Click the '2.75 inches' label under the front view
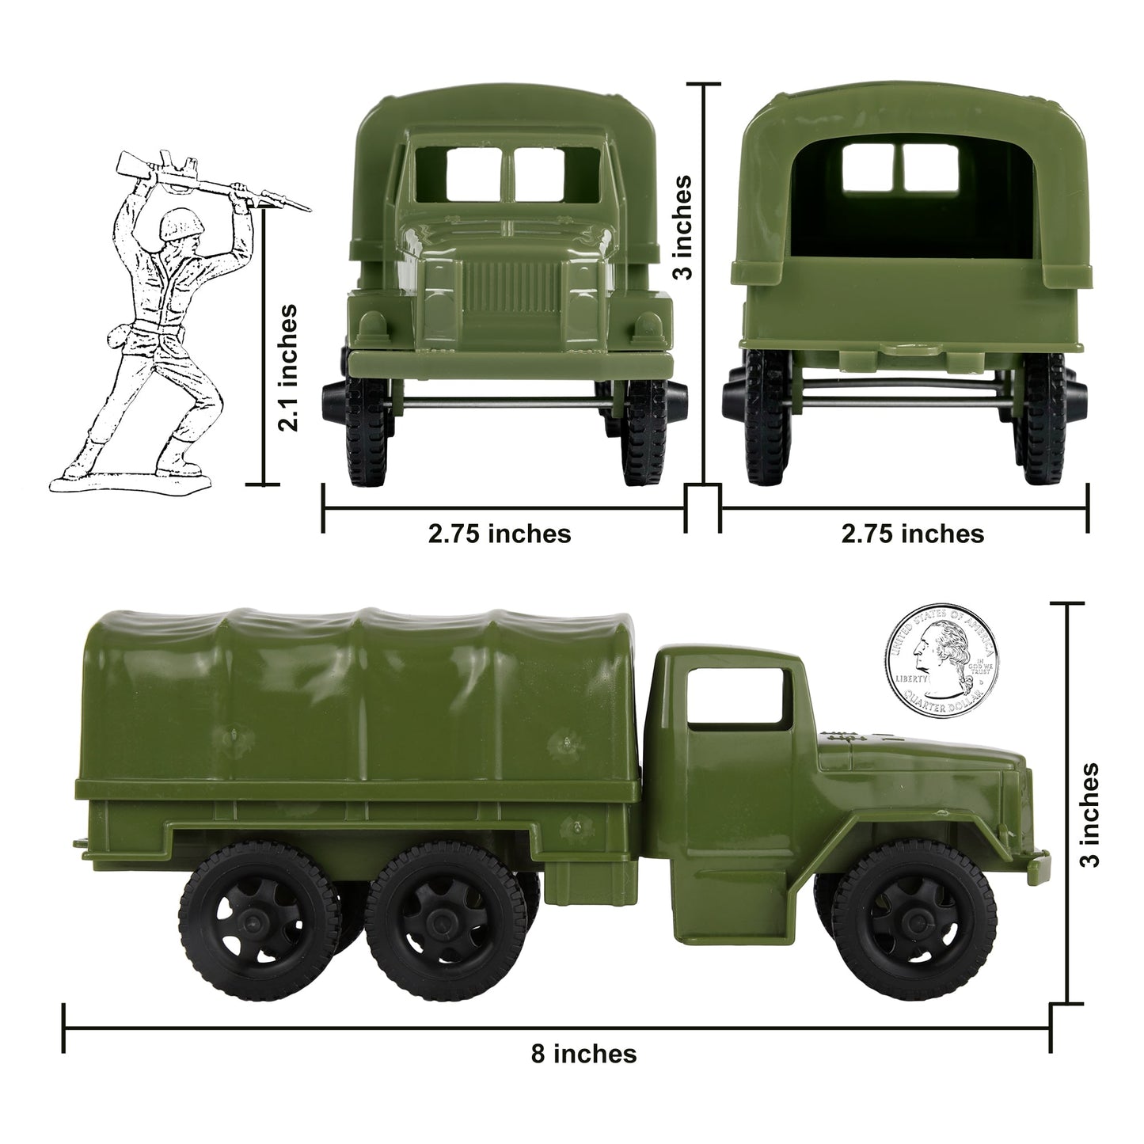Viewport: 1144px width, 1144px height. [x=500, y=534]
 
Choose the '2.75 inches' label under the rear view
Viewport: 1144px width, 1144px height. [x=913, y=534]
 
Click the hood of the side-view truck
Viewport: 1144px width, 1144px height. [x=918, y=752]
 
